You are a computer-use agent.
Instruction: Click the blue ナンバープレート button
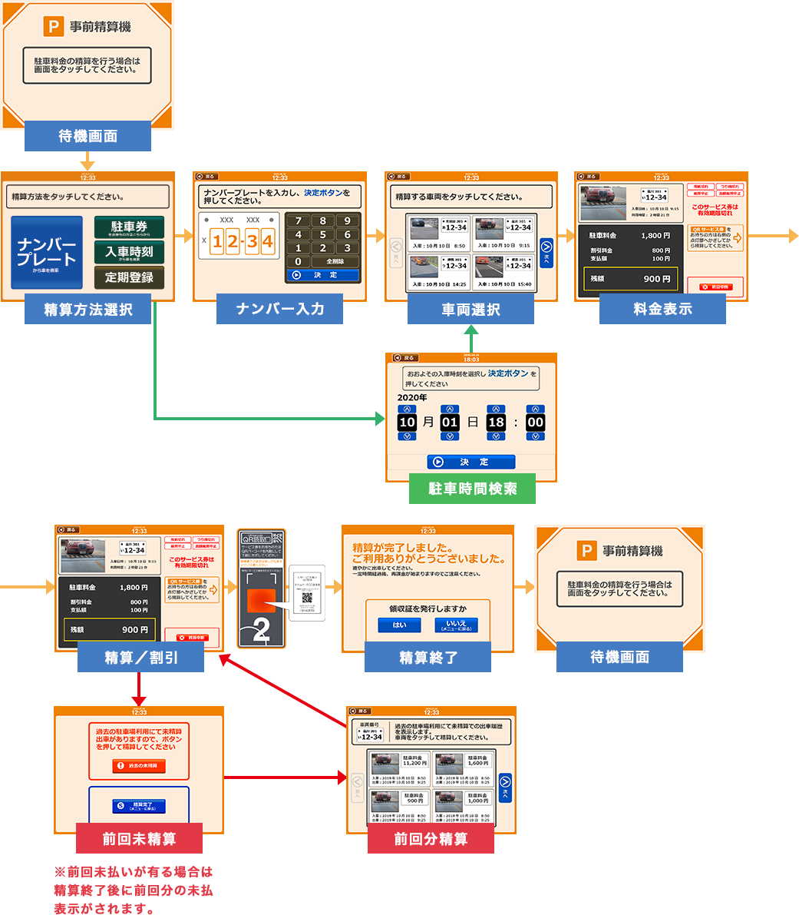tap(47, 252)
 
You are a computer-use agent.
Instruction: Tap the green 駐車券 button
tap(129, 227)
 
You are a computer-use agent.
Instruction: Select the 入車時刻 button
tap(129, 252)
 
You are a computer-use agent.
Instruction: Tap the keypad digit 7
tap(299, 221)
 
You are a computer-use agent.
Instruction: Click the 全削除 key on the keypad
tap(335, 261)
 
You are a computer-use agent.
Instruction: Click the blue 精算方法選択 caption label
tap(87, 310)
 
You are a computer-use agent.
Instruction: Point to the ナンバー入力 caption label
tap(280, 310)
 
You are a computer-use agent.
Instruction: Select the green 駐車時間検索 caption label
tap(472, 489)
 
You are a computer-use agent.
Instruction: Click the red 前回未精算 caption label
tap(139, 839)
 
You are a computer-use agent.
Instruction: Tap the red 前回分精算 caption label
tap(431, 839)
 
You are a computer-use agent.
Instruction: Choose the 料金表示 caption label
tap(662, 310)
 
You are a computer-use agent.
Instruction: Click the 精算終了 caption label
tap(428, 658)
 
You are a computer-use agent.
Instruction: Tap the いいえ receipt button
tap(456, 625)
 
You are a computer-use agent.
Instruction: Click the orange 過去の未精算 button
tap(139, 766)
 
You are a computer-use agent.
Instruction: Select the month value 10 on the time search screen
tap(408, 422)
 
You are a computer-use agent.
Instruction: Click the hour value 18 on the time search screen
tap(497, 422)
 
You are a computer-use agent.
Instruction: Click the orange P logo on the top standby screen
tap(54, 27)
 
